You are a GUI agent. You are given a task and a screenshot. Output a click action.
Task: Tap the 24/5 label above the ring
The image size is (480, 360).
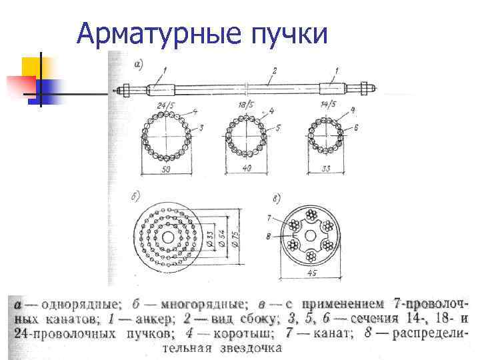coord(166,105)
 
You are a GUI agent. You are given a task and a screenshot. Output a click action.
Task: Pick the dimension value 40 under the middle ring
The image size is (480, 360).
coord(246,169)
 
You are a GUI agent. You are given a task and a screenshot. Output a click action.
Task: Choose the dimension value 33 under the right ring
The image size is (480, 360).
coord(325,169)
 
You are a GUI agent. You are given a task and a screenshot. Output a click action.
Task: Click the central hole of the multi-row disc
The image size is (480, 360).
coord(166,238)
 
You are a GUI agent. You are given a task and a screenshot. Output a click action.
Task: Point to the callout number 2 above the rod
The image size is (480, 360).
coord(274,69)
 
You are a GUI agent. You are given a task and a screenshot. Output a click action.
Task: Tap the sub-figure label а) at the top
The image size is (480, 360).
coord(139,64)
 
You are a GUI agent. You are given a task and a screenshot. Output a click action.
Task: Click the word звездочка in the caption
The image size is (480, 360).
coord(250,347)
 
